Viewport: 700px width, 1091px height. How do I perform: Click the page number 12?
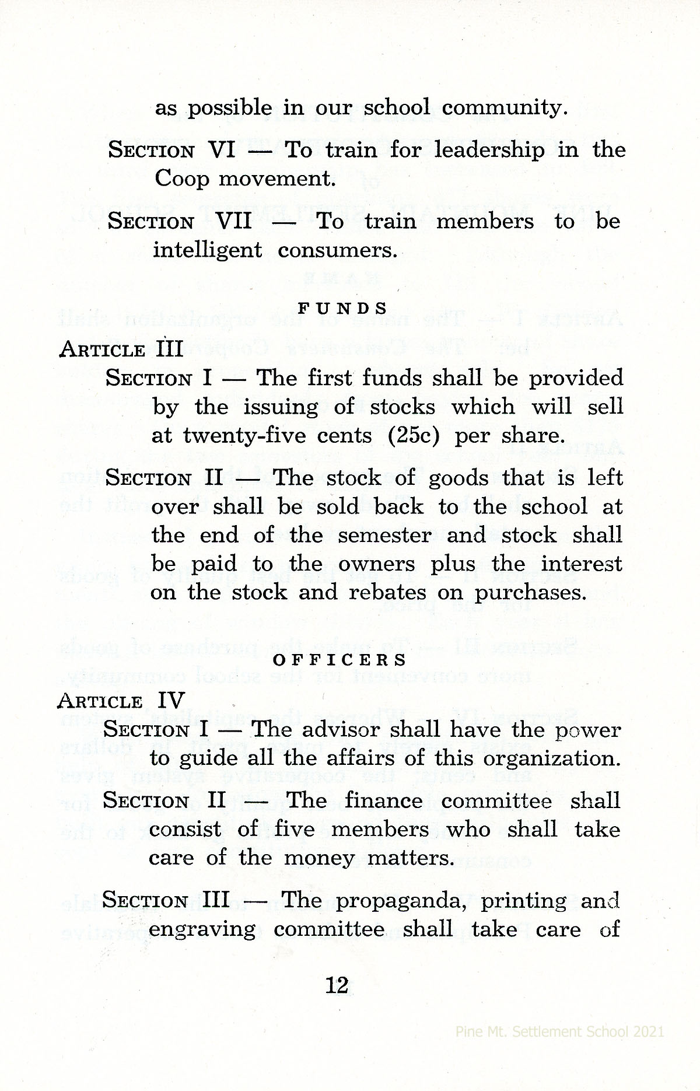(337, 985)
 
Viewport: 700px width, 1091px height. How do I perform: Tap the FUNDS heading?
(342, 308)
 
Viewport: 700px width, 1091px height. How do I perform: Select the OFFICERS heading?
(340, 660)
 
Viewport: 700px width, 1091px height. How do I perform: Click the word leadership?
(489, 151)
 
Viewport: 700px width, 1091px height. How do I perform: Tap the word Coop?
(181, 179)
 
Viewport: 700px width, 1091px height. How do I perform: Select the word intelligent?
(207, 250)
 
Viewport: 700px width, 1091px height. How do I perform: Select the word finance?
(383, 800)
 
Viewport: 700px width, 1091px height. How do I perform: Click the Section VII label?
(180, 222)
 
